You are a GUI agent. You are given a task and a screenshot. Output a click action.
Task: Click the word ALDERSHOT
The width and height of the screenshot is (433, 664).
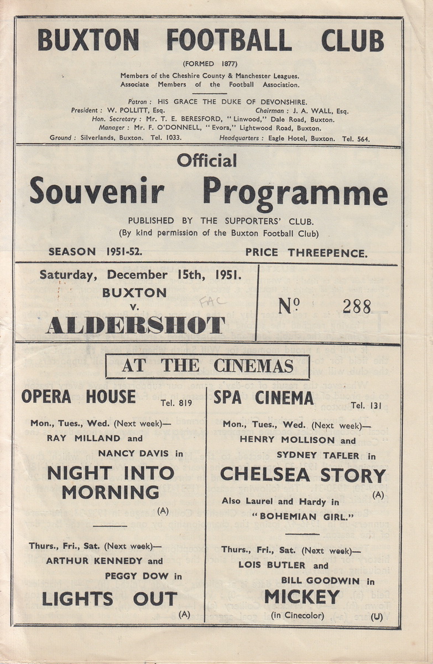point(135,325)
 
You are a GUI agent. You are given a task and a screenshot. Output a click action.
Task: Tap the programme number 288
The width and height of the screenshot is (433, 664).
point(356,306)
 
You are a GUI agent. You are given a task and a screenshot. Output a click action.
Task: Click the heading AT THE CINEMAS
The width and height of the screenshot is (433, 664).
point(207,366)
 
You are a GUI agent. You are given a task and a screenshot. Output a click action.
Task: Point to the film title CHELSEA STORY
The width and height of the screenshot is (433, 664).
point(302,475)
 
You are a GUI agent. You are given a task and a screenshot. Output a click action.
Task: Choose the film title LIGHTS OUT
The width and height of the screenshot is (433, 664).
point(109,599)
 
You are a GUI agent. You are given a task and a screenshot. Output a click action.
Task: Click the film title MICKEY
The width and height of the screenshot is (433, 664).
point(302,596)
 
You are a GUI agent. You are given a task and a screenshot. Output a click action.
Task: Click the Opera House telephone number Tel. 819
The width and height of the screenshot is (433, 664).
point(176,403)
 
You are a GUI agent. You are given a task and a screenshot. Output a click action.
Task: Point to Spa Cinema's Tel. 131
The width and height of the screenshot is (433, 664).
point(366,405)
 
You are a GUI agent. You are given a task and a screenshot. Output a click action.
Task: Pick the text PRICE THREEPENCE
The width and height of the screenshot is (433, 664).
point(306,253)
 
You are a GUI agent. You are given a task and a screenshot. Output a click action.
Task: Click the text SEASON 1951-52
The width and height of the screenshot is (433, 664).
point(95,252)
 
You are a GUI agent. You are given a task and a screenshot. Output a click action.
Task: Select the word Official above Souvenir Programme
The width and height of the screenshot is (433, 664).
point(207,160)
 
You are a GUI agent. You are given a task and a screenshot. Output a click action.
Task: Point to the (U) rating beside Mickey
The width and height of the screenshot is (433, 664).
point(377,616)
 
